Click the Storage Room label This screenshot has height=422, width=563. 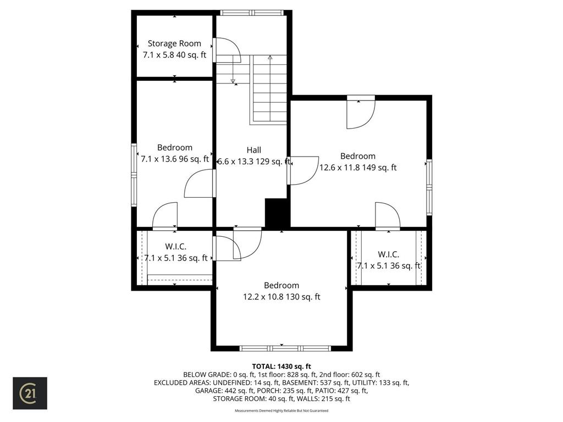pyautogui.click(x=174, y=43)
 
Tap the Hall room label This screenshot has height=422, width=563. pyautogui.click(x=253, y=150)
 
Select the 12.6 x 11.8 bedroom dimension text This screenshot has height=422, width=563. pyautogui.click(x=358, y=168)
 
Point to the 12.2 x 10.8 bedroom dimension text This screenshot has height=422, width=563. pyautogui.click(x=281, y=297)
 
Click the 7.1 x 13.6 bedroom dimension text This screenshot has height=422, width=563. pyautogui.click(x=175, y=159)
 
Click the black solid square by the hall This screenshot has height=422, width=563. pyautogui.click(x=277, y=213)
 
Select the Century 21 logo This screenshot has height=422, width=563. pyautogui.click(x=30, y=393)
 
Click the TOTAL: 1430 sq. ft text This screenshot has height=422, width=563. pyautogui.click(x=281, y=366)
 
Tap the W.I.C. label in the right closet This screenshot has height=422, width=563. pyautogui.click(x=388, y=254)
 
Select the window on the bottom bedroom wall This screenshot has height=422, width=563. pyautogui.click(x=285, y=348)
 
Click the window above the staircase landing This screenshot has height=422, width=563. pyautogui.click(x=252, y=12)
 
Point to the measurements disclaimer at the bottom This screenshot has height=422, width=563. pyautogui.click(x=281, y=410)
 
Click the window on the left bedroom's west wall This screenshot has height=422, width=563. pyautogui.click(x=134, y=175)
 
